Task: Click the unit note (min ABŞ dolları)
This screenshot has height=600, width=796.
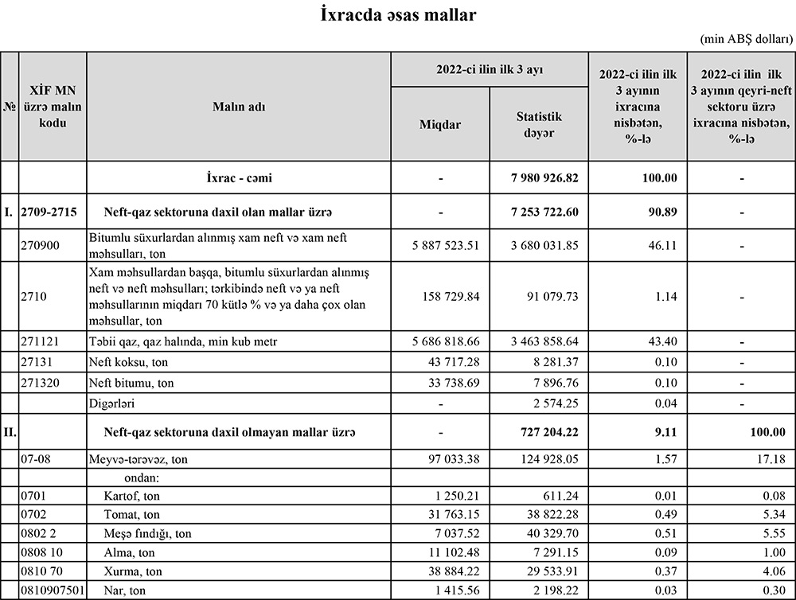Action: tap(746, 39)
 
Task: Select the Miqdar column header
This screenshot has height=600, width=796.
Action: tap(440, 124)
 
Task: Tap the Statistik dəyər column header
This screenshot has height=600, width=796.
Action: tap(538, 124)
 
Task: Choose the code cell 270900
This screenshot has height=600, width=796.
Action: tap(42, 245)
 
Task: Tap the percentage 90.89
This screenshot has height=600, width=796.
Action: tap(661, 212)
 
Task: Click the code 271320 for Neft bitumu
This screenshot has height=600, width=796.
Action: tap(42, 383)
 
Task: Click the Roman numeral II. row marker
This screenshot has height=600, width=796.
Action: tap(10, 433)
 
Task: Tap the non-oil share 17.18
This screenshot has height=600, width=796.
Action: tap(769, 460)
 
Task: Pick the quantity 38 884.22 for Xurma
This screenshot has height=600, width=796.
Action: tap(451, 571)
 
